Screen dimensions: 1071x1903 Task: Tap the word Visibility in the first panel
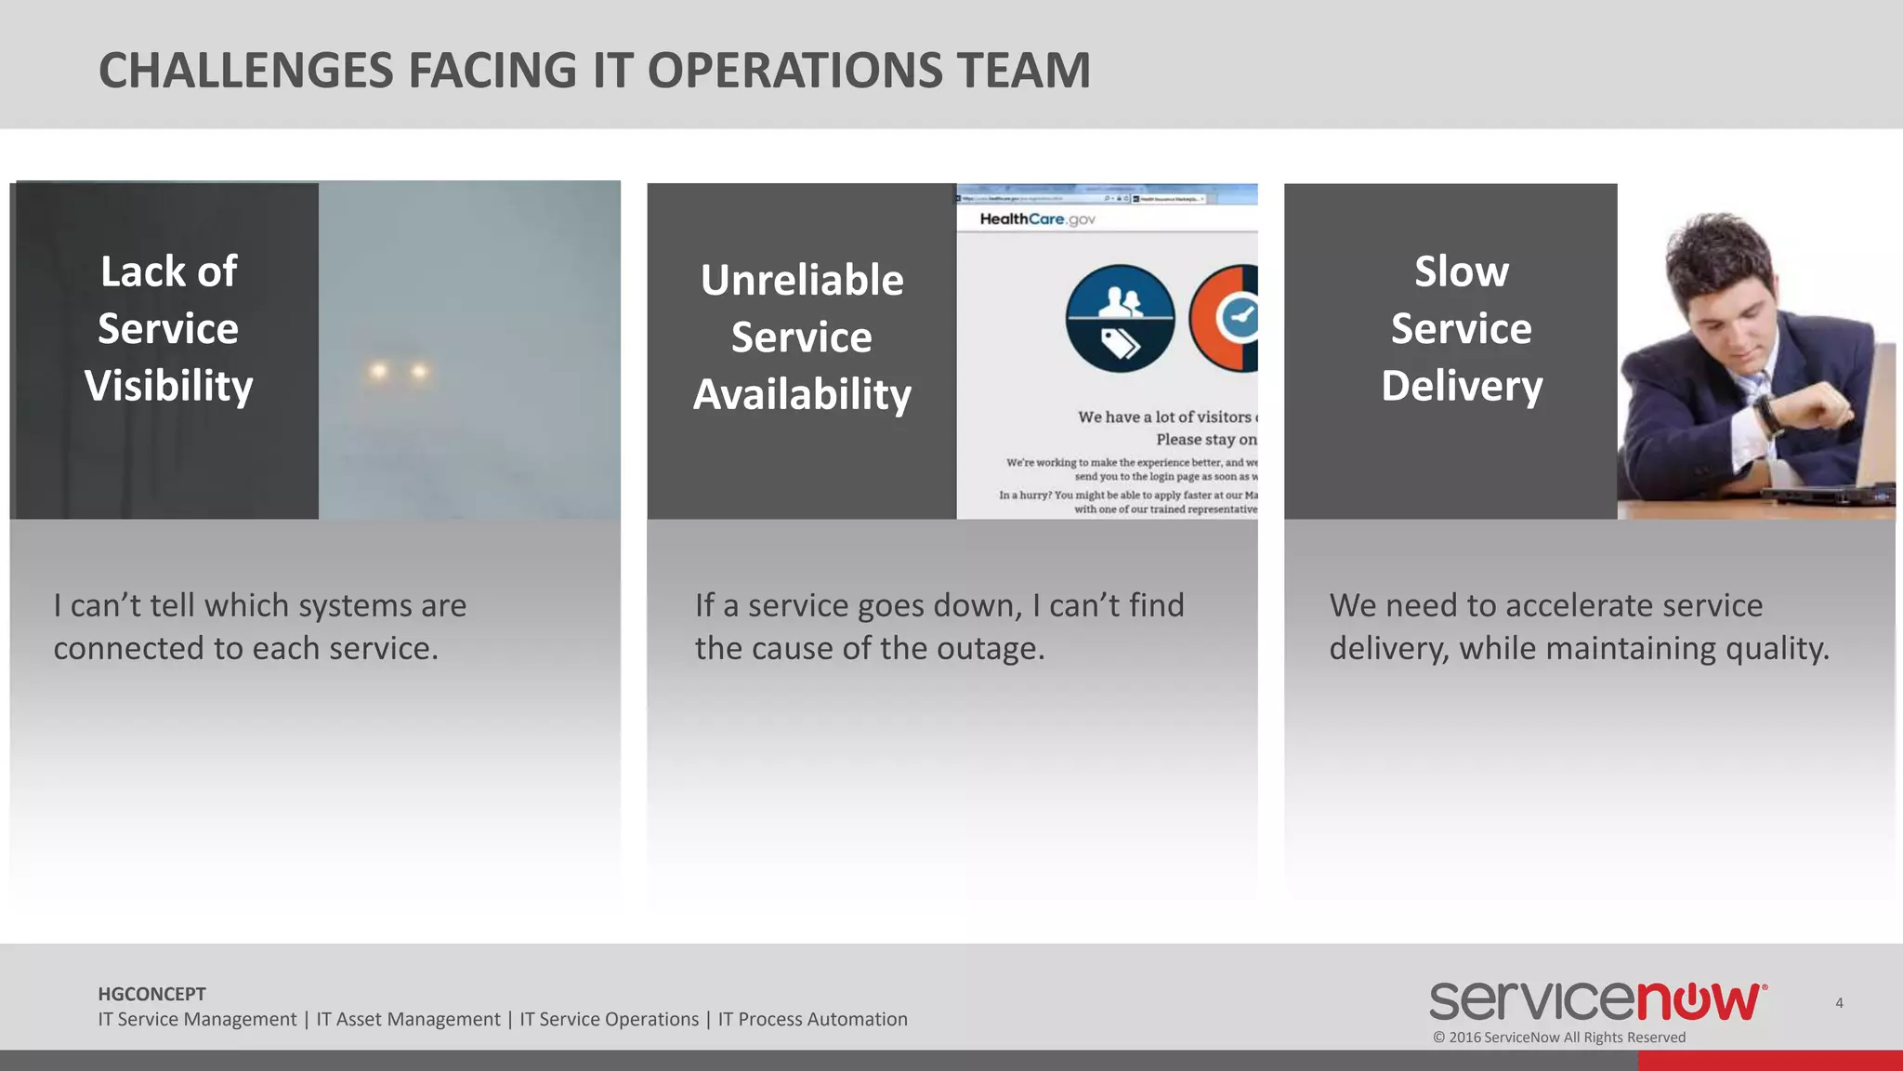click(x=168, y=386)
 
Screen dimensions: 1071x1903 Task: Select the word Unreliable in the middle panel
click(x=802, y=280)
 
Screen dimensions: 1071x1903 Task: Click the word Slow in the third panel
click(x=1461, y=271)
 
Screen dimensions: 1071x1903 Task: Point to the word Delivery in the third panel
click(x=1461, y=386)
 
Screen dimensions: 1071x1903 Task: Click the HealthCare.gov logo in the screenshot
click(x=1037, y=219)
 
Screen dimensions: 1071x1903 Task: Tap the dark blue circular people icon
click(x=1120, y=319)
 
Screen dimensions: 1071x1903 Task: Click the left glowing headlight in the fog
click(x=378, y=372)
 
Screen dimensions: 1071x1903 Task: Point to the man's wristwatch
click(x=1768, y=414)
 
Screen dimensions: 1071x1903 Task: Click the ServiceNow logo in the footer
click(x=1597, y=1001)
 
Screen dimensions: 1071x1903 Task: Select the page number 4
click(x=1839, y=1003)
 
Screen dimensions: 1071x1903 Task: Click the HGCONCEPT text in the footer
click(x=151, y=994)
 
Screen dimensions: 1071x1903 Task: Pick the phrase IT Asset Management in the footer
click(x=408, y=1020)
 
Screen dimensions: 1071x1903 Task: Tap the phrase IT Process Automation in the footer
click(x=812, y=1020)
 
